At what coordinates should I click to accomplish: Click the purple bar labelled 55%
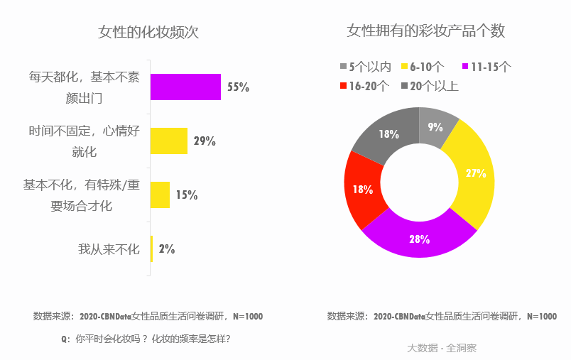click(185, 87)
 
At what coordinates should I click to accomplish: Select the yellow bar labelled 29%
click(168, 141)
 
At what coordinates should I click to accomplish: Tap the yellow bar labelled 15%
click(160, 195)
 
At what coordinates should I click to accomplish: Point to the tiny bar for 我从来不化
click(151, 249)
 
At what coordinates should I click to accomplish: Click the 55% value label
click(238, 87)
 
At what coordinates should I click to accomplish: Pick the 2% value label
click(167, 249)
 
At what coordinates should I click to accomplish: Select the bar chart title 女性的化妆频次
click(148, 33)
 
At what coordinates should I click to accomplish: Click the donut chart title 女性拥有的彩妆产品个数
click(425, 31)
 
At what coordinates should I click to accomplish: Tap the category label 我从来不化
click(109, 249)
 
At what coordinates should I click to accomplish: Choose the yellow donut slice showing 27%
click(474, 173)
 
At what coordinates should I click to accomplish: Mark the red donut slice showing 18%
click(363, 190)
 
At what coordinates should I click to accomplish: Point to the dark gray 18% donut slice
click(387, 133)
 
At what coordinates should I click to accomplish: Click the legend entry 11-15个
click(490, 67)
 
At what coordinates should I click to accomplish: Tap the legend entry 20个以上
click(434, 86)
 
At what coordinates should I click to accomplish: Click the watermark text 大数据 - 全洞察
click(441, 348)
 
